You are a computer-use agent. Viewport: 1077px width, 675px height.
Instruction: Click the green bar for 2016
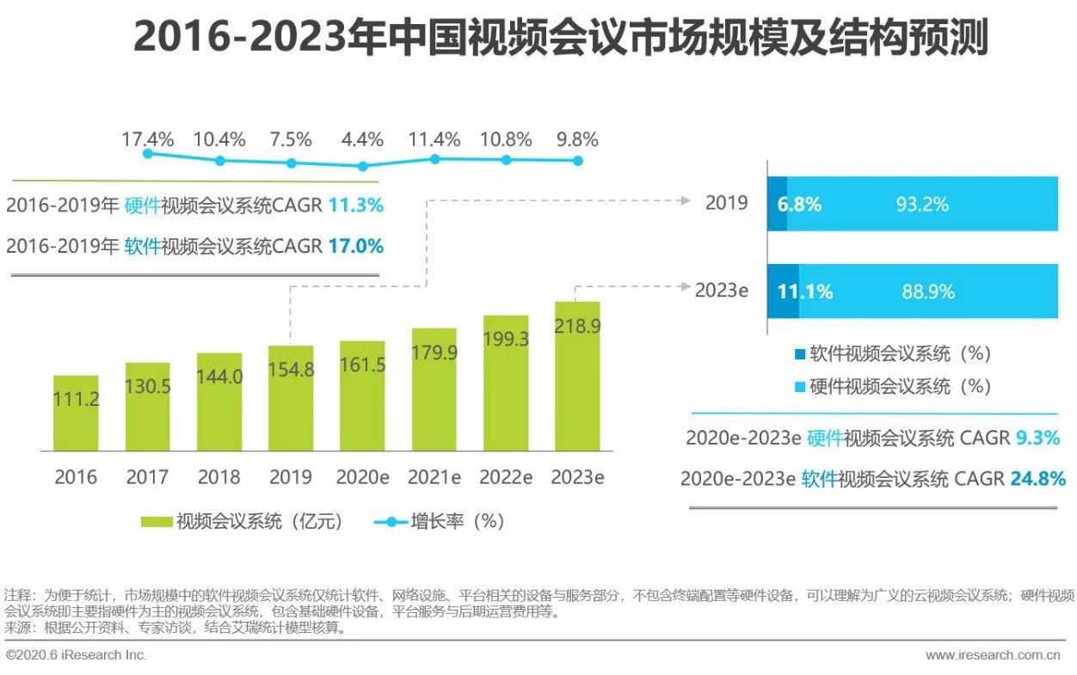click(x=76, y=413)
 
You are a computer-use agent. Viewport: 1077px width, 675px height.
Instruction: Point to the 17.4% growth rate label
click(x=147, y=139)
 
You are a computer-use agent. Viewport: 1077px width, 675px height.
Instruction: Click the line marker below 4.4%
click(x=363, y=166)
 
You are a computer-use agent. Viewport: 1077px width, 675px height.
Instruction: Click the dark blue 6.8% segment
click(x=777, y=205)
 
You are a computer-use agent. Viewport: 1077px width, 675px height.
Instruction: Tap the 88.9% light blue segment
click(x=928, y=291)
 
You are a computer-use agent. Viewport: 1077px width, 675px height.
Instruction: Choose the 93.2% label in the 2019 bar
click(x=922, y=205)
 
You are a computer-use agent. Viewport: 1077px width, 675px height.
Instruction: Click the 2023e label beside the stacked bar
click(x=721, y=291)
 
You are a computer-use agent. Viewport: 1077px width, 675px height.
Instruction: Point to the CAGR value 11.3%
click(x=355, y=206)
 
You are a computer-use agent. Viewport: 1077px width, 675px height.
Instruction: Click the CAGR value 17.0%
click(x=355, y=246)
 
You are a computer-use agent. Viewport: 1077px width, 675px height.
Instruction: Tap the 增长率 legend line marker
click(x=389, y=521)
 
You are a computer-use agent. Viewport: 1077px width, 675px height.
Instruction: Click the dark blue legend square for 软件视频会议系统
click(x=799, y=354)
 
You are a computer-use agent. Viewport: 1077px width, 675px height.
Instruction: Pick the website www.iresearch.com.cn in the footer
click(x=993, y=655)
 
